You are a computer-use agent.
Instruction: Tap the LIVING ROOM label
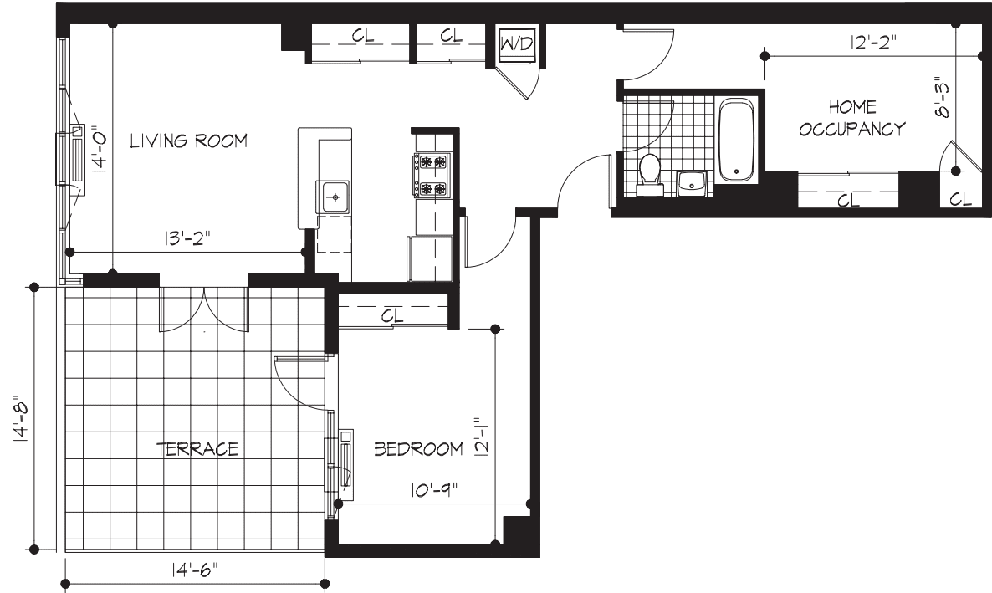pyautogui.click(x=188, y=141)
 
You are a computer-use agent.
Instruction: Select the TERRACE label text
pyautogui.click(x=197, y=449)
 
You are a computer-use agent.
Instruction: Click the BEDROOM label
pyautogui.click(x=418, y=449)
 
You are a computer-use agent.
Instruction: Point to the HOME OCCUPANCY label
pyautogui.click(x=852, y=118)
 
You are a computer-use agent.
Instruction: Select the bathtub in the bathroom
pyautogui.click(x=737, y=140)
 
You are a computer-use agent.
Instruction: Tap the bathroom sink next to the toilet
pyautogui.click(x=693, y=181)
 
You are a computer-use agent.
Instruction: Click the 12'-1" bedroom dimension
pyautogui.click(x=479, y=436)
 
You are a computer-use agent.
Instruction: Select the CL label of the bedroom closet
pyautogui.click(x=392, y=317)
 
